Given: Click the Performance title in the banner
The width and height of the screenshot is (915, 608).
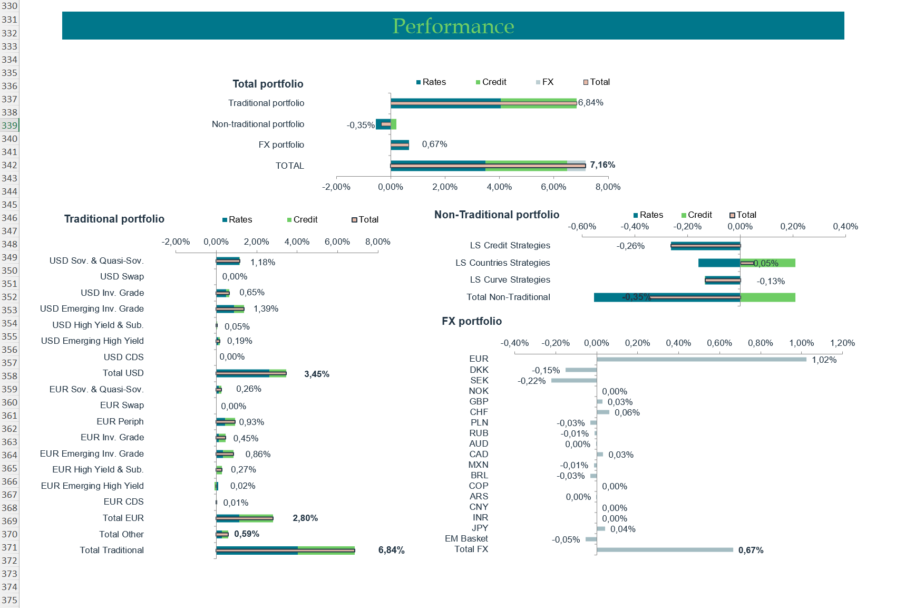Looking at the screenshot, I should tap(453, 26).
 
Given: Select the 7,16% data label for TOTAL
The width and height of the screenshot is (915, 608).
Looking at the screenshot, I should tap(602, 165).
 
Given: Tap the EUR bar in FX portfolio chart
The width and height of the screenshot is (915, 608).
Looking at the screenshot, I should tap(701, 360).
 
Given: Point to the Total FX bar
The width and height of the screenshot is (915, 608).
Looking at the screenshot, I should tap(664, 549).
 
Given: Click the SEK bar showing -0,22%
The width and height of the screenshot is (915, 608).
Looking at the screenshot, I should tap(573, 380).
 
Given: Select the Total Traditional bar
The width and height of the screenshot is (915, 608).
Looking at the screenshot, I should tap(285, 551).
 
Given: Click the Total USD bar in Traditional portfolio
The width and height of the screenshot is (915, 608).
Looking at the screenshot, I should tap(251, 373).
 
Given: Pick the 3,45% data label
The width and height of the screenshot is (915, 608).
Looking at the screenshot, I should tap(317, 374).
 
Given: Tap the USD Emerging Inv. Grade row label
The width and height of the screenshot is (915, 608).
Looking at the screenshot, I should tap(92, 308).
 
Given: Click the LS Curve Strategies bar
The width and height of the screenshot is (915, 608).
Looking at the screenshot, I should tap(723, 281).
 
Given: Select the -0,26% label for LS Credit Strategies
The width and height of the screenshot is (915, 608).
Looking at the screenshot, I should tap(630, 246).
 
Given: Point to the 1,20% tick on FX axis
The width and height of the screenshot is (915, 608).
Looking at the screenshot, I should tap(842, 343).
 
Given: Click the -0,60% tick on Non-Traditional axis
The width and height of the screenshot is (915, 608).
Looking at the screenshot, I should tap(582, 226).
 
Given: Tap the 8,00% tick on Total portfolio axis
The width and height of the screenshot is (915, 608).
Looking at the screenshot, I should tap(608, 187).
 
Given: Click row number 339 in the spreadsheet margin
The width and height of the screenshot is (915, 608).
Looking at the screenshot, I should tap(9, 126).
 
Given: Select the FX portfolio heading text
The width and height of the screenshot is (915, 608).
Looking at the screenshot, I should tap(472, 321).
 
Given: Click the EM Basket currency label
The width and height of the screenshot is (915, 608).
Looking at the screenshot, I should tap(466, 538).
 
